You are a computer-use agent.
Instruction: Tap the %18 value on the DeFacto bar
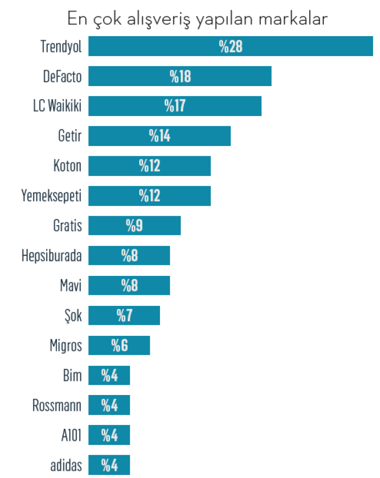click(180, 77)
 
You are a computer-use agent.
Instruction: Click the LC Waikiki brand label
click(57, 106)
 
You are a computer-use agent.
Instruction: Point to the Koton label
click(67, 166)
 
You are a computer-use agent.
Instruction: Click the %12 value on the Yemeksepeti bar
click(149, 196)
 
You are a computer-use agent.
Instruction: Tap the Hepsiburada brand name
click(52, 256)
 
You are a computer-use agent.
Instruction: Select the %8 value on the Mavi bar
click(129, 286)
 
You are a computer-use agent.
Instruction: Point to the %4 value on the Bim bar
click(109, 376)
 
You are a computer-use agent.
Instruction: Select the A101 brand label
click(71, 435)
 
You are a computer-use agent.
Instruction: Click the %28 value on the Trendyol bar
click(231, 47)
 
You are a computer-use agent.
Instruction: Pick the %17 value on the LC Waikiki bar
click(175, 106)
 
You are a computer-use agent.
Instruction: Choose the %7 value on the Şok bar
click(124, 316)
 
